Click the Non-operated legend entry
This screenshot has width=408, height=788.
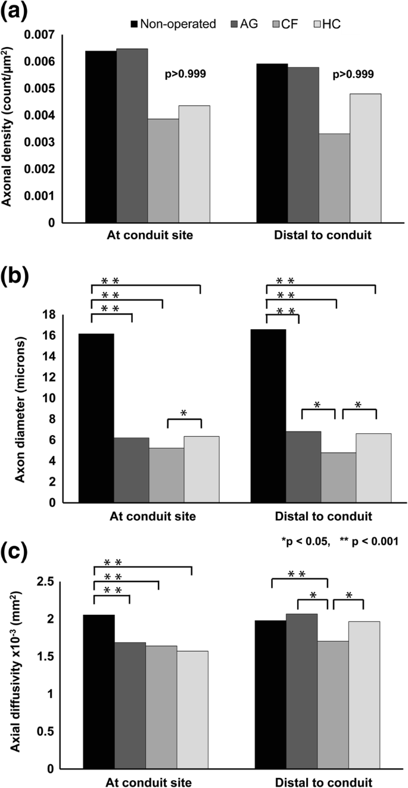pos(173,24)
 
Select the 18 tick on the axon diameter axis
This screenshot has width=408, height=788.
pos(66,315)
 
